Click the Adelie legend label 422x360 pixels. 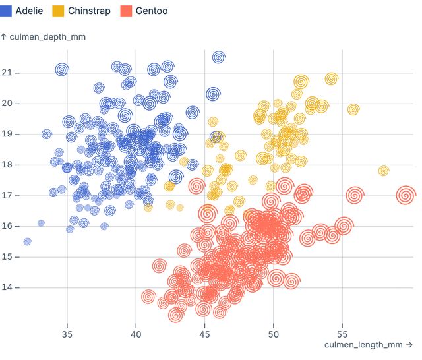[x=29, y=11]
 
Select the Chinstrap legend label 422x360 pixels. [x=88, y=11]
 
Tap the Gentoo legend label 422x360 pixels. [x=151, y=11]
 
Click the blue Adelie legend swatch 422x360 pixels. [x=7, y=11]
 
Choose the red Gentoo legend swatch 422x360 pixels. [x=127, y=11]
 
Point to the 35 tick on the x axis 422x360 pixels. [x=67, y=334]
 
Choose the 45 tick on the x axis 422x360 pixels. [x=204, y=334]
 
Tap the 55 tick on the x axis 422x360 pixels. [x=342, y=334]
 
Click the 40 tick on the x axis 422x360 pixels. [x=136, y=334]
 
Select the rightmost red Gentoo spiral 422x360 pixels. [x=406, y=195]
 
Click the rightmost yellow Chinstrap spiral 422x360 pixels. [x=384, y=171]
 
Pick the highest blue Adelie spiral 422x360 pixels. [x=218, y=57]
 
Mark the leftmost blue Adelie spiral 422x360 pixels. [x=27, y=241]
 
